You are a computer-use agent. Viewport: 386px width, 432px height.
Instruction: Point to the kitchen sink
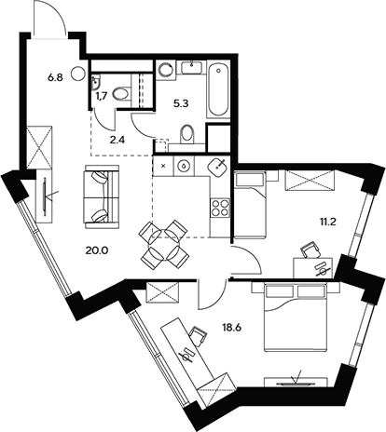[218, 168]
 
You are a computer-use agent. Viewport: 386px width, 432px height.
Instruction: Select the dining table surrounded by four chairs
[162, 242]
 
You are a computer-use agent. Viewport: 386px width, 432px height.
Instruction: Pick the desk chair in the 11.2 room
[310, 250]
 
